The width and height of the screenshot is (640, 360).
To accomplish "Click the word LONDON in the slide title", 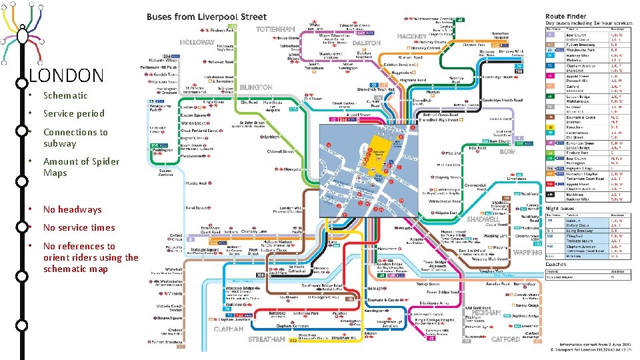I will point(67,75).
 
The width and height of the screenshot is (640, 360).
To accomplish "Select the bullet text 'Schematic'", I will point(65,95).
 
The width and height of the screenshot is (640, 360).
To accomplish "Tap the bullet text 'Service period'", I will point(73,113).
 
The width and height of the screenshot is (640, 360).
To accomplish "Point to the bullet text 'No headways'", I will point(72,209).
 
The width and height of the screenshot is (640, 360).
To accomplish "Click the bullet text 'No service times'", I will point(79,227).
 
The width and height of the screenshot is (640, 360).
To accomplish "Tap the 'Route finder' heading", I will point(566,16).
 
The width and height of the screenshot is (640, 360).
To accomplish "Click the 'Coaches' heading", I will point(557,263).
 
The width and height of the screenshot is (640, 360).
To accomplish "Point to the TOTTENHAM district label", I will point(275,30).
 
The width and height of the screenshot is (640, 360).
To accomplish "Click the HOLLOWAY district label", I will point(197,42).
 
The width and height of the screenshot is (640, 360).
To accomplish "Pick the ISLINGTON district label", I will point(256,87).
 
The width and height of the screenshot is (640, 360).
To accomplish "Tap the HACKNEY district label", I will point(411,36).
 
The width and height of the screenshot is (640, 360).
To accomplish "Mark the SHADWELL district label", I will point(483,219).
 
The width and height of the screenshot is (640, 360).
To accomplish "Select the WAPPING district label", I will point(528,253).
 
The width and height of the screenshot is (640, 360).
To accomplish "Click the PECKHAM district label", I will point(486,312).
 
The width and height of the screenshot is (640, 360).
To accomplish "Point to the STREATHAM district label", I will point(267,339).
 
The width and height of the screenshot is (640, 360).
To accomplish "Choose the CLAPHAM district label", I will point(229,328).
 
